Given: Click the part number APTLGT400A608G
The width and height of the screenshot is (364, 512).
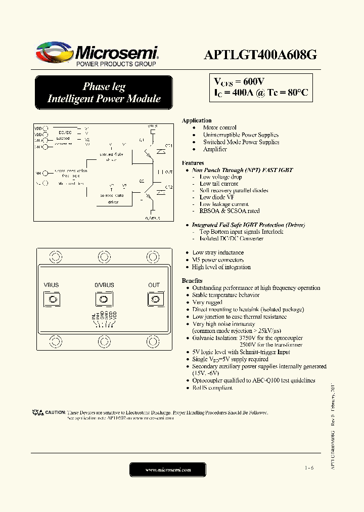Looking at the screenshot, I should point(260,55).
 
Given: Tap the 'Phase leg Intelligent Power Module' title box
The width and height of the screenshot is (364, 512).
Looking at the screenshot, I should point(104,93).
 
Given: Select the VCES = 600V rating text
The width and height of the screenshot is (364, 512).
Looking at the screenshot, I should point(238,82).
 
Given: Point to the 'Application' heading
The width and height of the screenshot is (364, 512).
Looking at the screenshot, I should point(196,120).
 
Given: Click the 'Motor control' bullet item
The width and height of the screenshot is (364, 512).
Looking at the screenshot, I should point(219,128).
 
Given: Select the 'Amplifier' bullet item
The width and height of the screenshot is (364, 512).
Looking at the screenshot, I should point(215,149).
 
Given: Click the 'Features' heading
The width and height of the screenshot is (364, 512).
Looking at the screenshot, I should point(193,163).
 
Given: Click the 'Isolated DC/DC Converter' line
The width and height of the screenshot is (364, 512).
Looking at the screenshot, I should point(231,239).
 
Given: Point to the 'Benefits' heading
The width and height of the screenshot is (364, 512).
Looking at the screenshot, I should point(192,281).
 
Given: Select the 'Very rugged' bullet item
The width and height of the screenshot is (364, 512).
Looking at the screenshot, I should point(207,302).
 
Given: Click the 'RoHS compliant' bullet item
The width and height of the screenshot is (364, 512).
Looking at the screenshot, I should point(212,388).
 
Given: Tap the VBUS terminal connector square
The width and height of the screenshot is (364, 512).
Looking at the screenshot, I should point(51,300).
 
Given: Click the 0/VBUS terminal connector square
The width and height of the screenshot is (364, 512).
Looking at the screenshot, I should point(104,300).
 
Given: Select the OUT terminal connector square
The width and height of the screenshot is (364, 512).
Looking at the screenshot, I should point(154,300).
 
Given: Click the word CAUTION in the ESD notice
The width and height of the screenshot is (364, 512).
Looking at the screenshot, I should point(55,412).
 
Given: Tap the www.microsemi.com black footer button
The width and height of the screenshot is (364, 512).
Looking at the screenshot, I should point(168,470).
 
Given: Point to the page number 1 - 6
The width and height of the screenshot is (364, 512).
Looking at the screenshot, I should point(309,468).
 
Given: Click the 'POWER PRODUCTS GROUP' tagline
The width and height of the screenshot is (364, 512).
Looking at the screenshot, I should point(116,64).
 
